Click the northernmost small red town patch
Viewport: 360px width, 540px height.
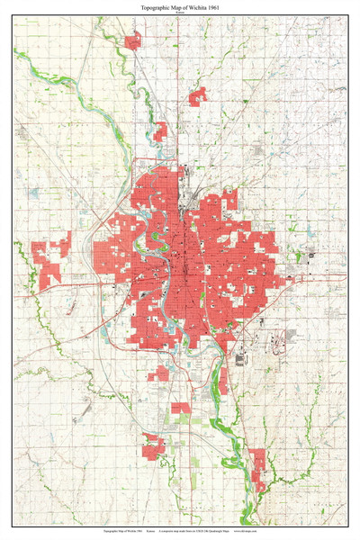point(133,40)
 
